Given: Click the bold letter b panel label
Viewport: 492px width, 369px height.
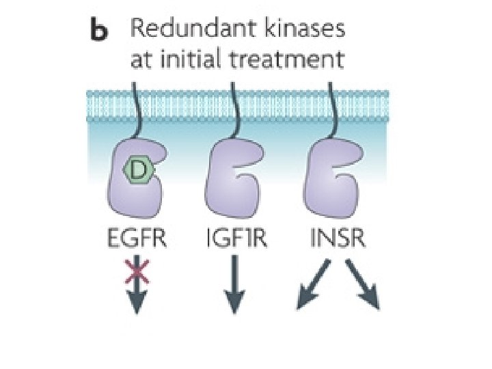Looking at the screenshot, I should click(x=100, y=30).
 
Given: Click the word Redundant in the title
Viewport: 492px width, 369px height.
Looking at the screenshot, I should click(x=179, y=30).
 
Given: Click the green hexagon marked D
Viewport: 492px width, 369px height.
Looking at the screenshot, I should click(x=139, y=173).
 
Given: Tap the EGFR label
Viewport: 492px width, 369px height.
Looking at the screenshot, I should click(x=136, y=240).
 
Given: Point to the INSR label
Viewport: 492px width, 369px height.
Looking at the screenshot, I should click(x=335, y=240).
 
